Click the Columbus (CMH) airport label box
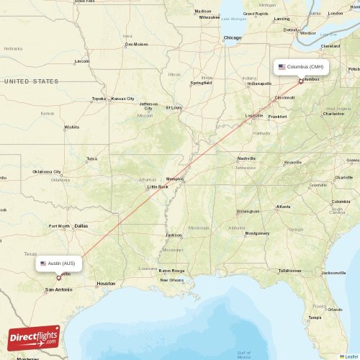301,67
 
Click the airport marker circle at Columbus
301,81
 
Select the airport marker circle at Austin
59,277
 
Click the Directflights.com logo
34,336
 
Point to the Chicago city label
233,37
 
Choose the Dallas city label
81,225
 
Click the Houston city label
106,283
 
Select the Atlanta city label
284,207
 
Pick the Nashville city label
246,158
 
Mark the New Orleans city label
172,279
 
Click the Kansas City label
122,98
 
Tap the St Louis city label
174,108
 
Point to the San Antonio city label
58,289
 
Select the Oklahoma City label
47,172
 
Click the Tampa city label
314,317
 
